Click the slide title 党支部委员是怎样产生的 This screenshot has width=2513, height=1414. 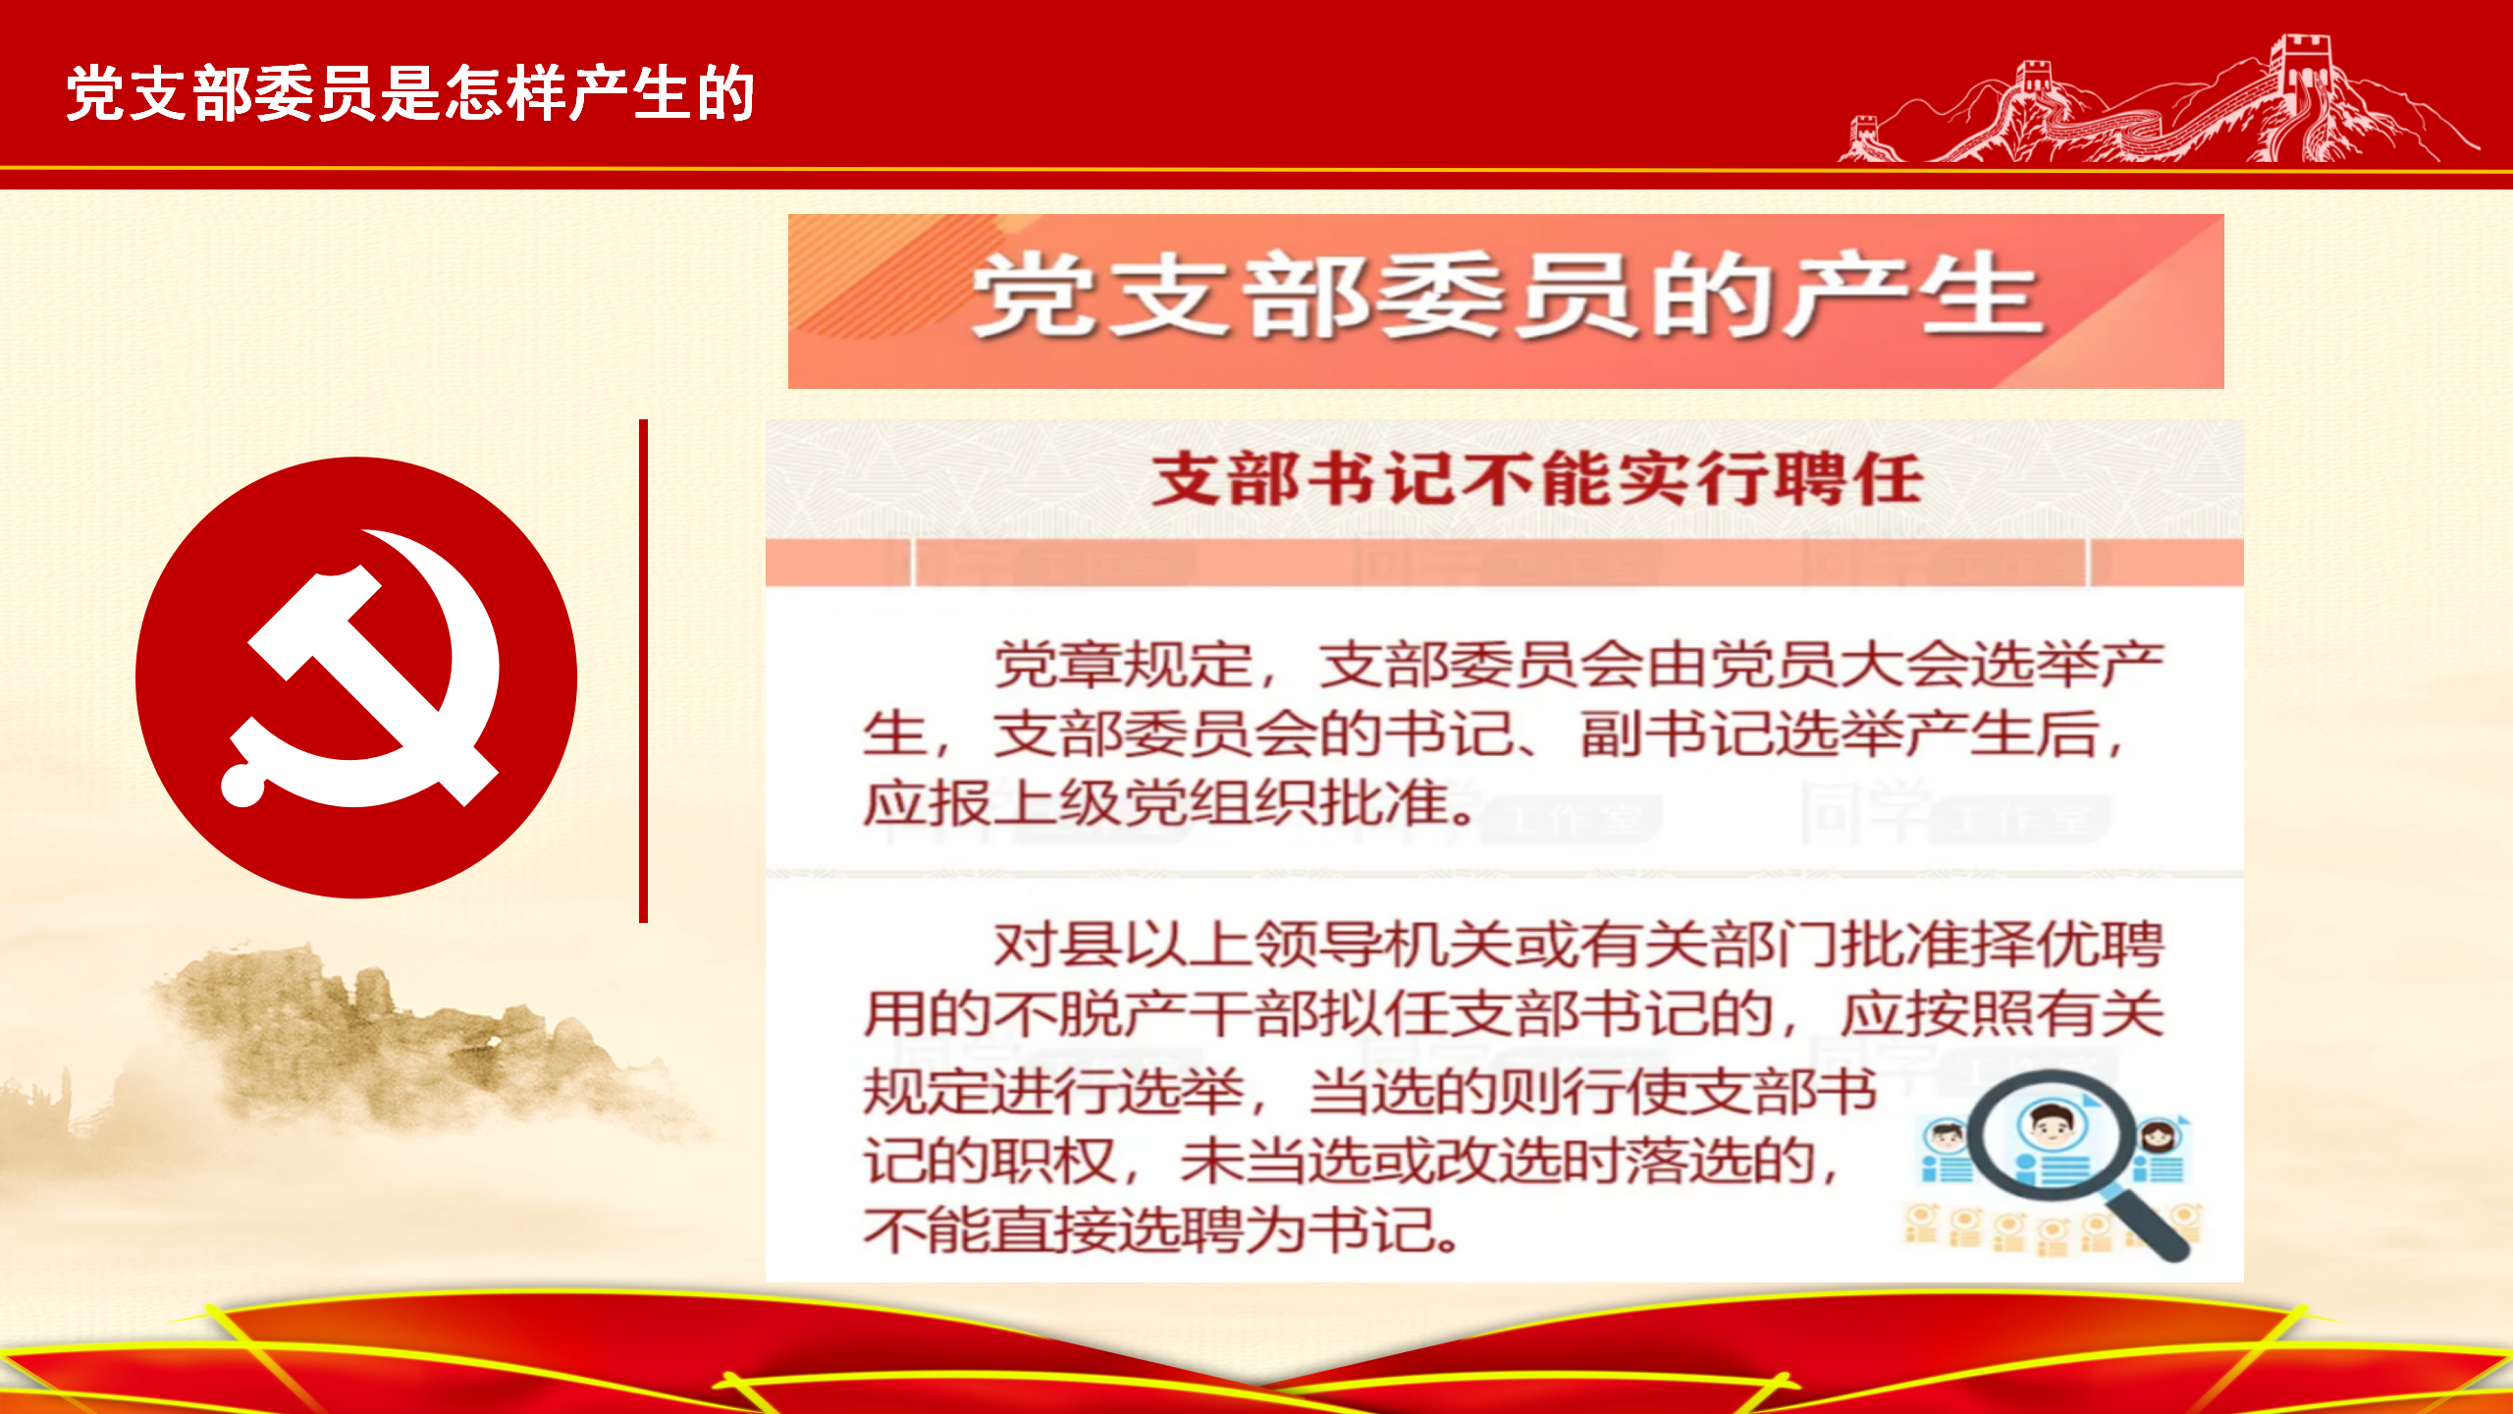tap(410, 94)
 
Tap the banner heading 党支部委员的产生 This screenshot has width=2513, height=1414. tap(1508, 296)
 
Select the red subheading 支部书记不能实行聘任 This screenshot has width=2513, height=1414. tap(1537, 480)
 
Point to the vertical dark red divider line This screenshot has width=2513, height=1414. tap(643, 671)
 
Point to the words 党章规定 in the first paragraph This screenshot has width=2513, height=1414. tap(1123, 665)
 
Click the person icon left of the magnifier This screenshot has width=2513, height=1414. tap(1946, 1151)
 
